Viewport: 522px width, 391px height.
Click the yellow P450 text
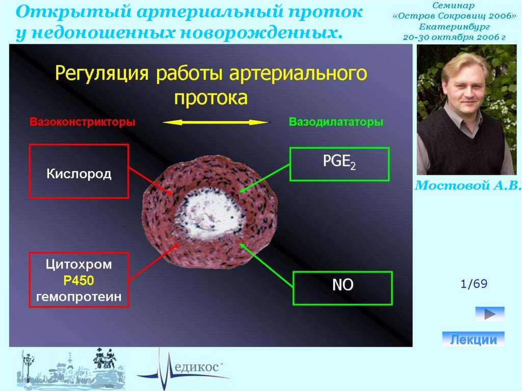[79, 280]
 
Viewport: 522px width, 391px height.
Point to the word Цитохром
[79, 265]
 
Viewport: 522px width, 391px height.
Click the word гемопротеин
[79, 296]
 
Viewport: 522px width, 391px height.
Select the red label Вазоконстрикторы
[83, 122]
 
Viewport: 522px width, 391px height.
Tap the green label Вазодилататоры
[336, 122]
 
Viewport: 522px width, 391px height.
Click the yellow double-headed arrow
[216, 122]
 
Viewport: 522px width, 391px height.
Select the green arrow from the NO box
[266, 265]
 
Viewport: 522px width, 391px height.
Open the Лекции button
[473, 339]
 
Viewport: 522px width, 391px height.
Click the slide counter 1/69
[474, 284]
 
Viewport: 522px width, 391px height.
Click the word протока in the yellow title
[211, 98]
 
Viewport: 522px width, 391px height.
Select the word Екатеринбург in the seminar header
[454, 27]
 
